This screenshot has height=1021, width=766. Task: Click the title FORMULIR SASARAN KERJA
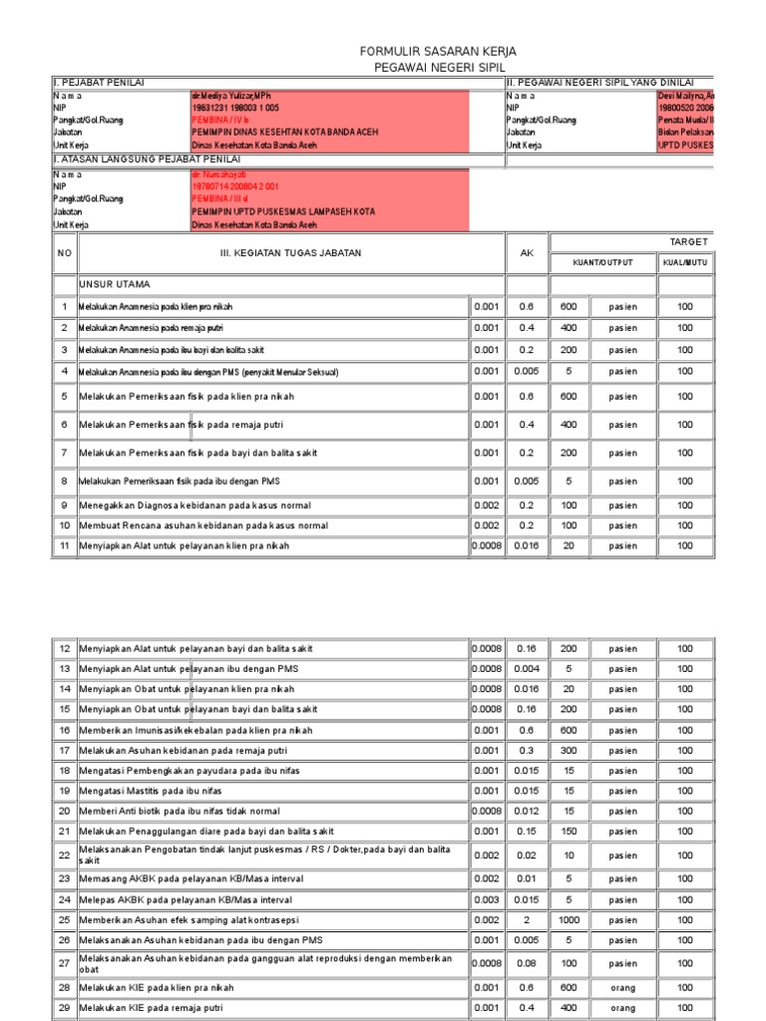click(x=438, y=51)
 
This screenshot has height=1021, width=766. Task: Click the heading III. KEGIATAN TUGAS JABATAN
click(x=290, y=253)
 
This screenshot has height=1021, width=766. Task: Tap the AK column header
click(x=528, y=253)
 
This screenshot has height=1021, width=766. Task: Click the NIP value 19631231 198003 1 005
click(x=235, y=107)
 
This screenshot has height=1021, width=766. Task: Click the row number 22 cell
click(x=65, y=854)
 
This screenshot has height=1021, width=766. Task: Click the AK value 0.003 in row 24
click(x=486, y=898)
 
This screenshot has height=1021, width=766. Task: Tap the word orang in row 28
click(x=624, y=988)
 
